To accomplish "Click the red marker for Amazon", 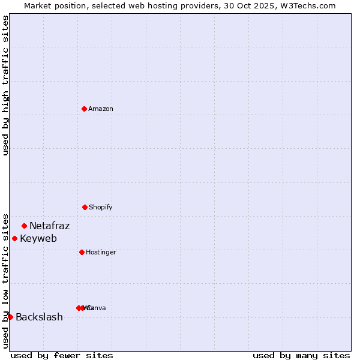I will pos(85,109).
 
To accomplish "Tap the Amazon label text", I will pos(101,109).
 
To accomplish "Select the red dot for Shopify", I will pos(85,207).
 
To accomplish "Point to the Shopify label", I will pos(101,208).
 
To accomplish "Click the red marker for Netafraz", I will pos(25,226).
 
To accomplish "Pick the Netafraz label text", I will pos(50,226).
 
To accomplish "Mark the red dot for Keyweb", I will pos(15,238).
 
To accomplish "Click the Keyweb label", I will pos(38,239).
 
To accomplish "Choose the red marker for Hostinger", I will pos(82,252).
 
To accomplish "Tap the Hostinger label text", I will pos(101,253).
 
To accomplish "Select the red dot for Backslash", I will pos(10,317).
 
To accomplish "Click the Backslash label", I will pos(39,317).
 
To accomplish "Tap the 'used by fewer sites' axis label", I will pos(62,356).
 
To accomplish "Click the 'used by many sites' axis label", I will pos(301,356).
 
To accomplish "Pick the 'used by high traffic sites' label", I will pos(6,86).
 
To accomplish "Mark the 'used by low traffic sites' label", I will pos(6,281).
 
